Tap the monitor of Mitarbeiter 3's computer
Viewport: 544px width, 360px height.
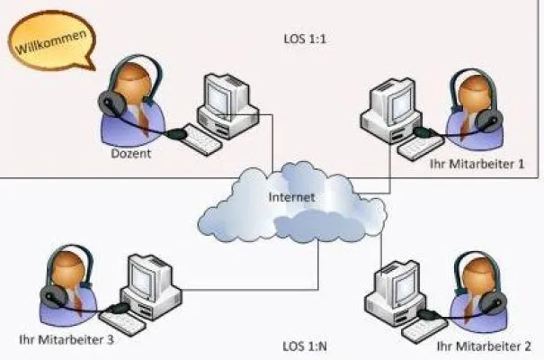(149, 275)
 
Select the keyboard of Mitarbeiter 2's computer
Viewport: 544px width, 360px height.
(423, 328)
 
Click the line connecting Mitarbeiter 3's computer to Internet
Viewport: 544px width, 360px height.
(252, 289)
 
